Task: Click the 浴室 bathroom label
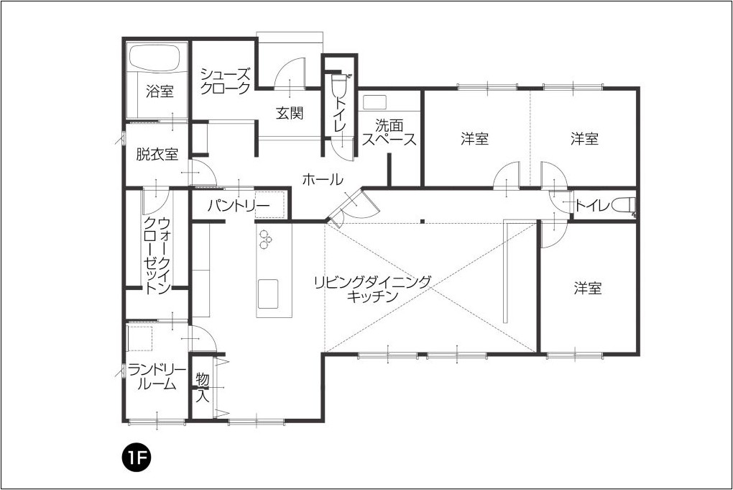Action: point(160,91)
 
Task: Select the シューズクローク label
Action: point(225,81)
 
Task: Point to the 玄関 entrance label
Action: point(290,112)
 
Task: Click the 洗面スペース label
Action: point(389,132)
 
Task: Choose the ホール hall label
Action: point(323,178)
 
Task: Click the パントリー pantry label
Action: point(239,206)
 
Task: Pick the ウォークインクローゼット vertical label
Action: point(157,255)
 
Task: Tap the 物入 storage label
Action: point(202,386)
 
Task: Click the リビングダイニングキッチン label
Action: point(372,289)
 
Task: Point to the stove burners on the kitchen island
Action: point(265,239)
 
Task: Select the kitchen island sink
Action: point(268,294)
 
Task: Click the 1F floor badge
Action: point(135,457)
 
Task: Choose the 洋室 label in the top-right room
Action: point(584,138)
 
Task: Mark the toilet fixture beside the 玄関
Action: point(337,84)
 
